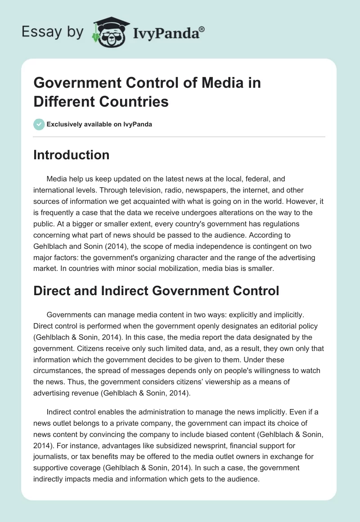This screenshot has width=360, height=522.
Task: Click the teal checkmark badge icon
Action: [x=39, y=124]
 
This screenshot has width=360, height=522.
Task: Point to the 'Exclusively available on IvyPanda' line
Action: [x=99, y=124]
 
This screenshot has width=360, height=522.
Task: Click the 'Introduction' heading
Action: [x=72, y=155]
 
